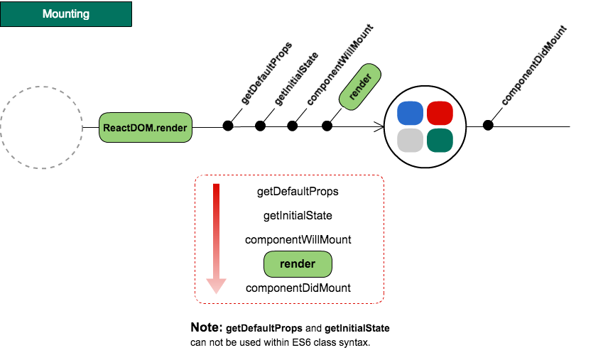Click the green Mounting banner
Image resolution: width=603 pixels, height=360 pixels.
point(66,14)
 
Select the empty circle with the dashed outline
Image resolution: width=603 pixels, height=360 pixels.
point(41,128)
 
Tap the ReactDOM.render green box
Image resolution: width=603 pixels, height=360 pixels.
point(146,128)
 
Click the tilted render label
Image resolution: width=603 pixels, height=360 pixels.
point(361,87)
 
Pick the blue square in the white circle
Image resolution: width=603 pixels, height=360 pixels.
point(411,114)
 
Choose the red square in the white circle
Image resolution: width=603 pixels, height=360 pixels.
point(440,114)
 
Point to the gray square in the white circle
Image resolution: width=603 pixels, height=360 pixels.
point(411,141)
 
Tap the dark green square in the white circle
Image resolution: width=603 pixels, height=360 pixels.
point(440,141)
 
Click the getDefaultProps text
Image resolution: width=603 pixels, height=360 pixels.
point(298,192)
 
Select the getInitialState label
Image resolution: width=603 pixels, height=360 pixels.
point(298,215)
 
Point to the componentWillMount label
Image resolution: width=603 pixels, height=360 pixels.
point(298,240)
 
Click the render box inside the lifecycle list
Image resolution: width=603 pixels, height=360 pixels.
point(298,264)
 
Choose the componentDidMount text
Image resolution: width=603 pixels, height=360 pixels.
point(298,288)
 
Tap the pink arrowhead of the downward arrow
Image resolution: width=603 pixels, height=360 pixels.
point(216,285)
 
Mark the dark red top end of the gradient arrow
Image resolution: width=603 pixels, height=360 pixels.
point(216,187)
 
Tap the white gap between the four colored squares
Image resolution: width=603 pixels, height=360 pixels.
point(425,127)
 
